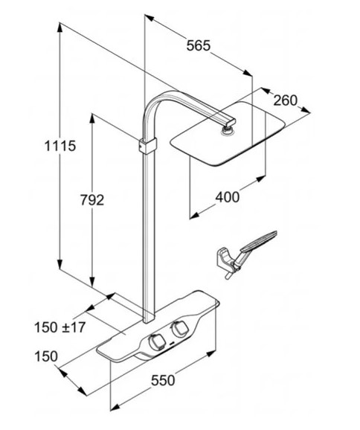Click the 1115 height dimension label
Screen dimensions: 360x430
click(x=60, y=146)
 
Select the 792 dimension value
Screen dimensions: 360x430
click(x=92, y=200)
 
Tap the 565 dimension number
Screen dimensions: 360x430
click(x=199, y=45)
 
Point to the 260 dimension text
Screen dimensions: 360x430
click(x=286, y=100)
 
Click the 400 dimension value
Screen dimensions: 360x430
click(x=228, y=197)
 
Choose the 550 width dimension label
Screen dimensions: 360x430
click(x=163, y=380)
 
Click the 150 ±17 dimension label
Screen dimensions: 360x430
click(x=60, y=327)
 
